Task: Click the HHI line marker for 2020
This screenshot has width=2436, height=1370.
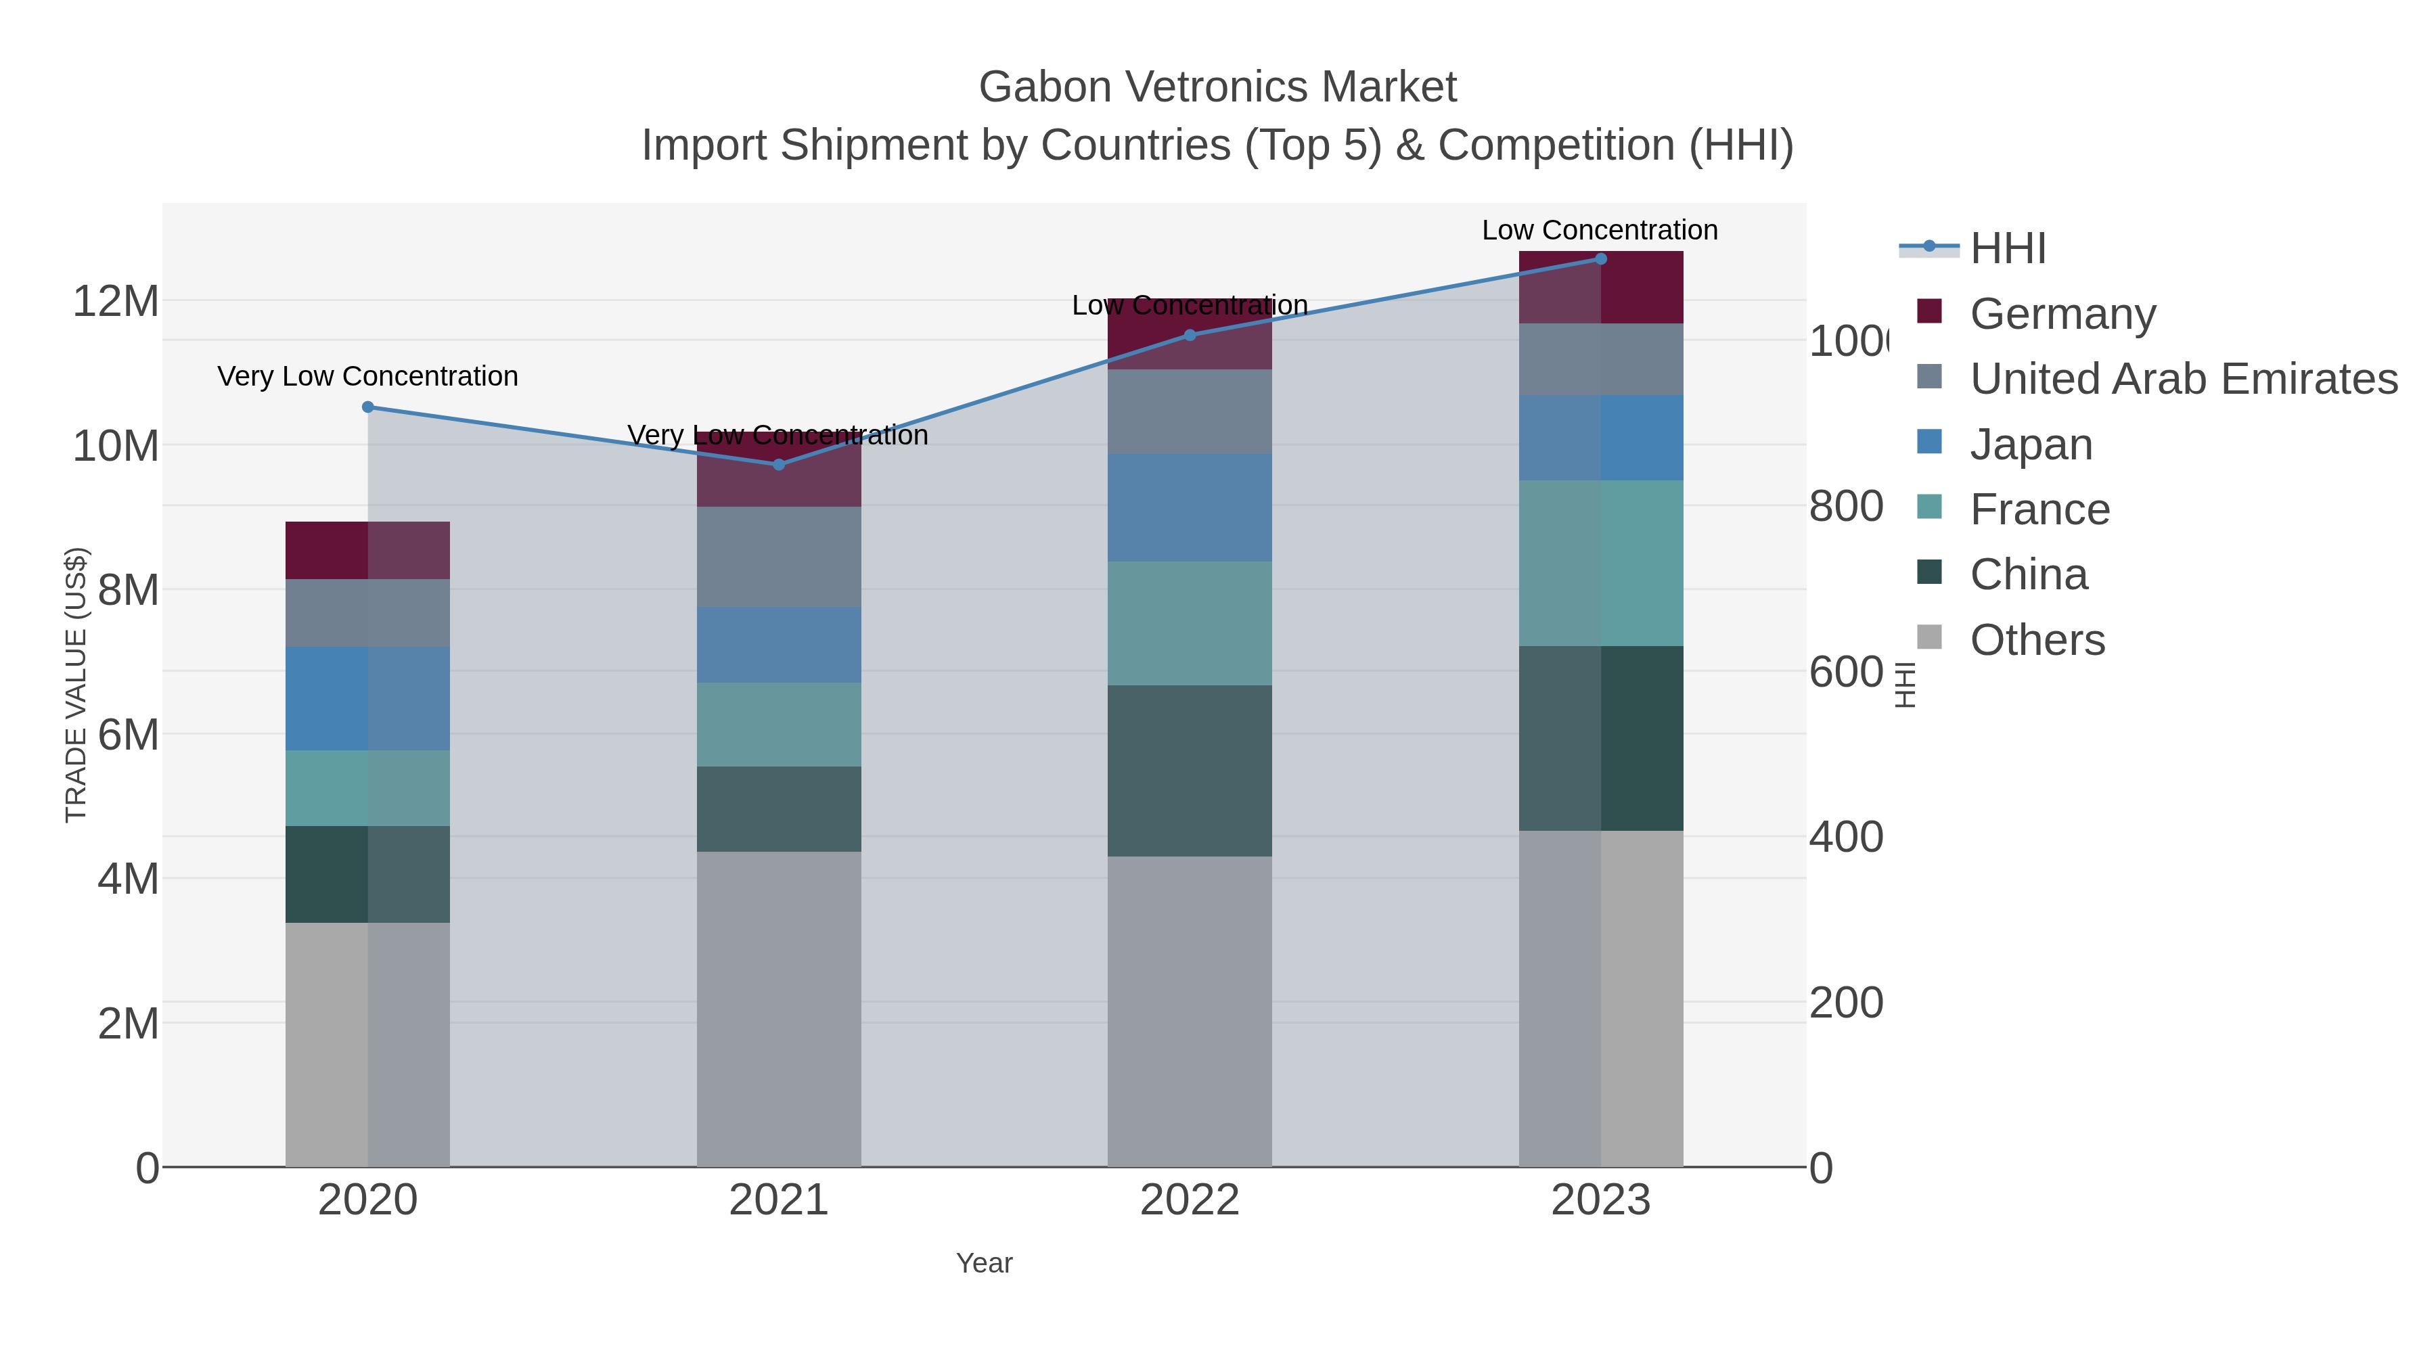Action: [x=368, y=407]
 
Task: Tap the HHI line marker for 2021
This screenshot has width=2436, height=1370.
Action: [x=778, y=464]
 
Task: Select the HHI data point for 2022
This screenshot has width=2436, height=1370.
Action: [x=1190, y=335]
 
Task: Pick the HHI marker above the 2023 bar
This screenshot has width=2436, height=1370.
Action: [x=1600, y=258]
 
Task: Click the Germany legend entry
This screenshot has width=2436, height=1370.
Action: [x=2062, y=313]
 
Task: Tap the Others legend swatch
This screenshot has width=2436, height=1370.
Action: [x=1929, y=638]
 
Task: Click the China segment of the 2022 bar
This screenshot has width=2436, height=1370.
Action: [x=1190, y=771]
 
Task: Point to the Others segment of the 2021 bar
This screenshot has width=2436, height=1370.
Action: [x=778, y=1008]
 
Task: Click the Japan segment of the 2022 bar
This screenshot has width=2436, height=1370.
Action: [x=1190, y=507]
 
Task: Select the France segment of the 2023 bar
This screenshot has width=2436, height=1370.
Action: [x=1600, y=563]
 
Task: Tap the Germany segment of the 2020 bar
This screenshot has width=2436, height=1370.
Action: [x=368, y=549]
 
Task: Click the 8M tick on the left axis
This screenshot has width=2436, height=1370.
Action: [x=128, y=590]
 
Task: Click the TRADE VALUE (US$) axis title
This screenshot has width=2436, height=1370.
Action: [x=76, y=685]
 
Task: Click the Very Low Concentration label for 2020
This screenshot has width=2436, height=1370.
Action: [x=368, y=376]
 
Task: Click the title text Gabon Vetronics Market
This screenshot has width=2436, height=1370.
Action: [x=1217, y=87]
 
